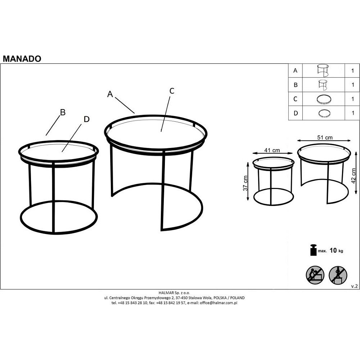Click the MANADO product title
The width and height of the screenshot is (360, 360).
[x=22, y=59]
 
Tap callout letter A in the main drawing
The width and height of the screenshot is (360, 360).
[x=110, y=94]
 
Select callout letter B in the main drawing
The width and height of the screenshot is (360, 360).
[x=63, y=112]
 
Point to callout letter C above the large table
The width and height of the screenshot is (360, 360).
[x=172, y=91]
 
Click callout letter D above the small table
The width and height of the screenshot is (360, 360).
[x=86, y=119]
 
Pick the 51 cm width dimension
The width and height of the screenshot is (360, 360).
[x=325, y=138]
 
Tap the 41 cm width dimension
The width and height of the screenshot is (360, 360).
[x=272, y=150]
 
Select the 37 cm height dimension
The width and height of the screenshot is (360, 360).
[x=246, y=183]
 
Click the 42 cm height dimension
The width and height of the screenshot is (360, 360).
[x=354, y=176]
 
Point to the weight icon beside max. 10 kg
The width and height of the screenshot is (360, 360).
[x=314, y=250]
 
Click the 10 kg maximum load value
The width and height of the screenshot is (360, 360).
[x=336, y=251]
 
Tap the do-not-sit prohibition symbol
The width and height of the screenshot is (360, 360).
[x=315, y=275]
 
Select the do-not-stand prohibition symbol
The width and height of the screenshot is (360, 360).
[x=338, y=275]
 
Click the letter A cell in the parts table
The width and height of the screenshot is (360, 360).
[x=296, y=71]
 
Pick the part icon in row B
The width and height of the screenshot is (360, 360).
[x=323, y=85]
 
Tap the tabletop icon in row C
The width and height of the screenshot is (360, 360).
[x=324, y=99]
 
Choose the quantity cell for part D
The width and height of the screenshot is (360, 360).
[x=352, y=113]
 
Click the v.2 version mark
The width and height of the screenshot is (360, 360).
[x=354, y=286]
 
